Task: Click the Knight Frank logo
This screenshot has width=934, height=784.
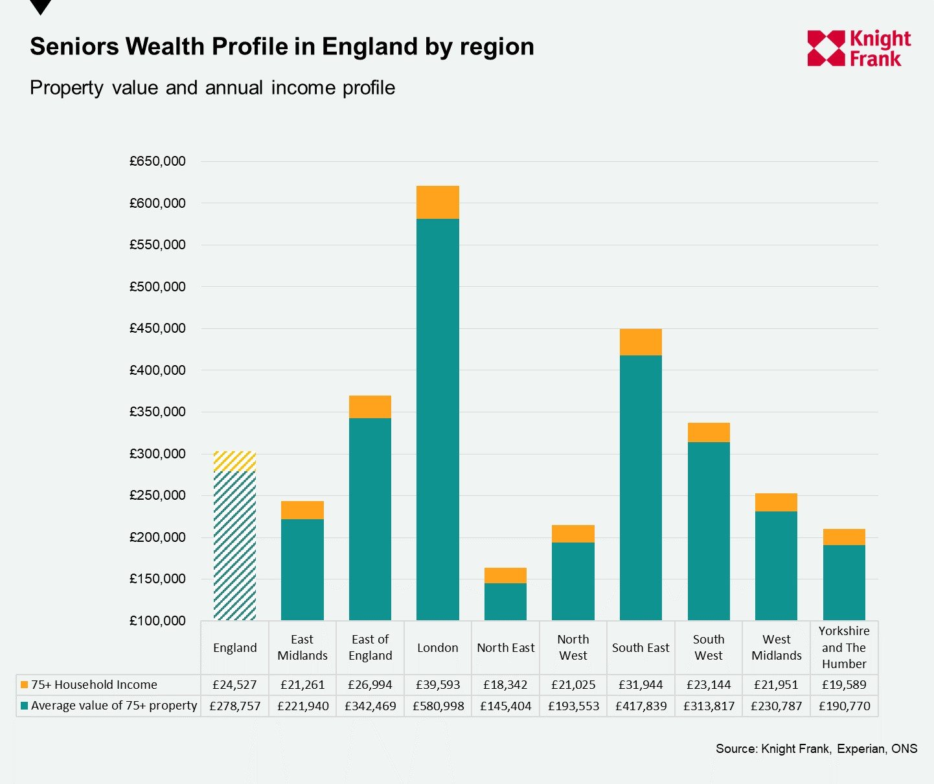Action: (858, 49)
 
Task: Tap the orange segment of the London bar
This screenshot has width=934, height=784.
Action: (438, 202)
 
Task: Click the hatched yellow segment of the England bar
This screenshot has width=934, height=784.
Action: (235, 462)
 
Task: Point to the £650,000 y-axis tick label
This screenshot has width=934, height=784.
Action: (157, 161)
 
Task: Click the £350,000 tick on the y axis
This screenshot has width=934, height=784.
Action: (157, 412)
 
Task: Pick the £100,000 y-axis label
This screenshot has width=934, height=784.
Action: (157, 620)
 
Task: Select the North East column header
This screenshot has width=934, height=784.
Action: (505, 647)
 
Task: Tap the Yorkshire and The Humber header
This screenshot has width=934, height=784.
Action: (844, 647)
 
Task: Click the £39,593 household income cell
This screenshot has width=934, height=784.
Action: (438, 684)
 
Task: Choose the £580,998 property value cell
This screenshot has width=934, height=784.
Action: (438, 706)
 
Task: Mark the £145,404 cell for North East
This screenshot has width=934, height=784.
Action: (505, 706)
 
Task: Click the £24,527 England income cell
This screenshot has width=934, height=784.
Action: (235, 684)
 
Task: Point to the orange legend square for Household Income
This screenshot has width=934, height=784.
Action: (25, 684)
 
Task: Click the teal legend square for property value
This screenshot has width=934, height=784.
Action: (25, 706)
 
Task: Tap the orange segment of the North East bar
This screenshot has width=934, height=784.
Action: (505, 576)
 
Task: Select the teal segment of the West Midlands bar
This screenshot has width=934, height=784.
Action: (776, 565)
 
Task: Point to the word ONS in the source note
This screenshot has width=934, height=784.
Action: (904, 748)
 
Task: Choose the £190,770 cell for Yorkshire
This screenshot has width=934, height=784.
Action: (844, 706)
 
